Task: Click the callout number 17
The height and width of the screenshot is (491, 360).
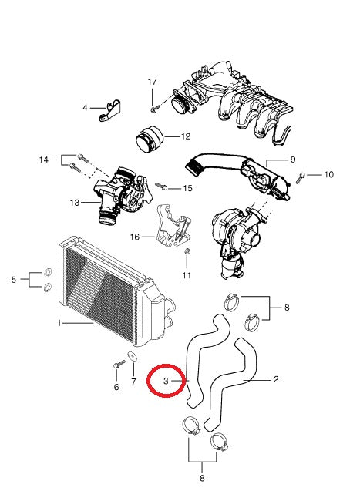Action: pyautogui.click(x=152, y=82)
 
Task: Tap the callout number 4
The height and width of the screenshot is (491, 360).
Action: pyautogui.click(x=86, y=109)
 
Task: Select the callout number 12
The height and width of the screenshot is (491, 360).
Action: pyautogui.click(x=185, y=137)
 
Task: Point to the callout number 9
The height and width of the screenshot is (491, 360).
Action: pyautogui.click(x=292, y=160)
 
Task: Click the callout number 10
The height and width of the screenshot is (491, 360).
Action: pyautogui.click(x=328, y=175)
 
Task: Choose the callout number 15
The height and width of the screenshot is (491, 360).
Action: pyautogui.click(x=187, y=188)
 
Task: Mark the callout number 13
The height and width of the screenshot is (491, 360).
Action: pyautogui.click(x=74, y=203)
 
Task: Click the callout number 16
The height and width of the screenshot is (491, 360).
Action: pyautogui.click(x=136, y=237)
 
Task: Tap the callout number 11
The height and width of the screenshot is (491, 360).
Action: pyautogui.click(x=186, y=274)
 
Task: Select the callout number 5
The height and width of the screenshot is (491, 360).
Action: pyautogui.click(x=14, y=280)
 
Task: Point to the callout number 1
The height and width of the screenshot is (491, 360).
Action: pyautogui.click(x=59, y=323)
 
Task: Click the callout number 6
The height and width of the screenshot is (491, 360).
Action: pyautogui.click(x=116, y=387)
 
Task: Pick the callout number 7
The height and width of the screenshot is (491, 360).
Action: pyautogui.click(x=133, y=382)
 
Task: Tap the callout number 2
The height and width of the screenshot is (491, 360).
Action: pyautogui.click(x=275, y=380)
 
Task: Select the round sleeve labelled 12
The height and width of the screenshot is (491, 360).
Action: pyautogui.click(x=152, y=143)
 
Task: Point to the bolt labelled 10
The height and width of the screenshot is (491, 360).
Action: pyautogui.click(x=302, y=177)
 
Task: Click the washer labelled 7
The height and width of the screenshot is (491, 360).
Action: pyautogui.click(x=133, y=357)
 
